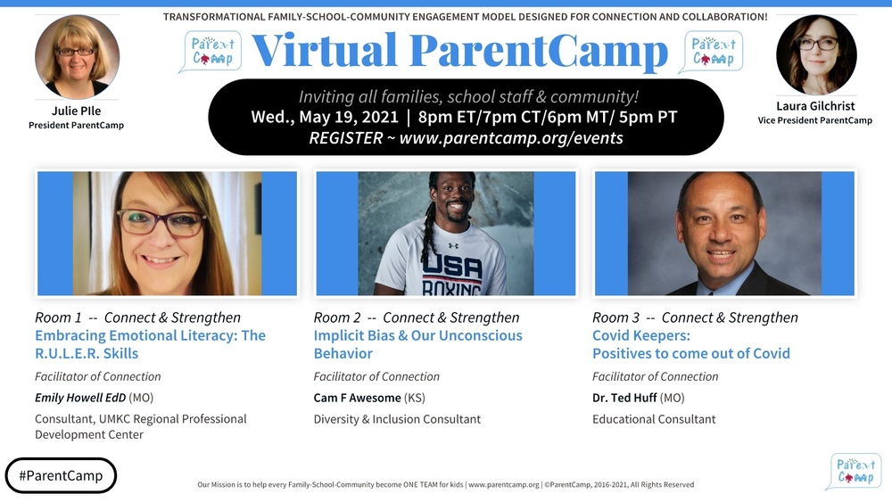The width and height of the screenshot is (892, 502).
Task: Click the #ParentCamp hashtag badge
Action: click(x=61, y=475)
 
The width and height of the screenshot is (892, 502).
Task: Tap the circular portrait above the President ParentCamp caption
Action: click(x=77, y=57)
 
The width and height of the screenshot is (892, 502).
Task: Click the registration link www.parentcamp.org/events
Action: click(x=511, y=138)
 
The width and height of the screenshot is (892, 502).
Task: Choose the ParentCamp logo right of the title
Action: click(x=711, y=52)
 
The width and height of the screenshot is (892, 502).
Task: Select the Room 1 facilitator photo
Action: click(x=167, y=234)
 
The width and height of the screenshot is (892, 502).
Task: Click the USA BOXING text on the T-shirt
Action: click(x=451, y=272)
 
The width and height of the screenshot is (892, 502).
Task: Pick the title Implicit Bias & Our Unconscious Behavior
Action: click(x=417, y=344)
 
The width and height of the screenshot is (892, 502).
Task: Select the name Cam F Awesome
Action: click(x=357, y=398)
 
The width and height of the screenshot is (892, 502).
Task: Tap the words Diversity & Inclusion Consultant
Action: click(x=397, y=419)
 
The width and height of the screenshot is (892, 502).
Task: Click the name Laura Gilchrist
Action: click(x=815, y=106)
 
